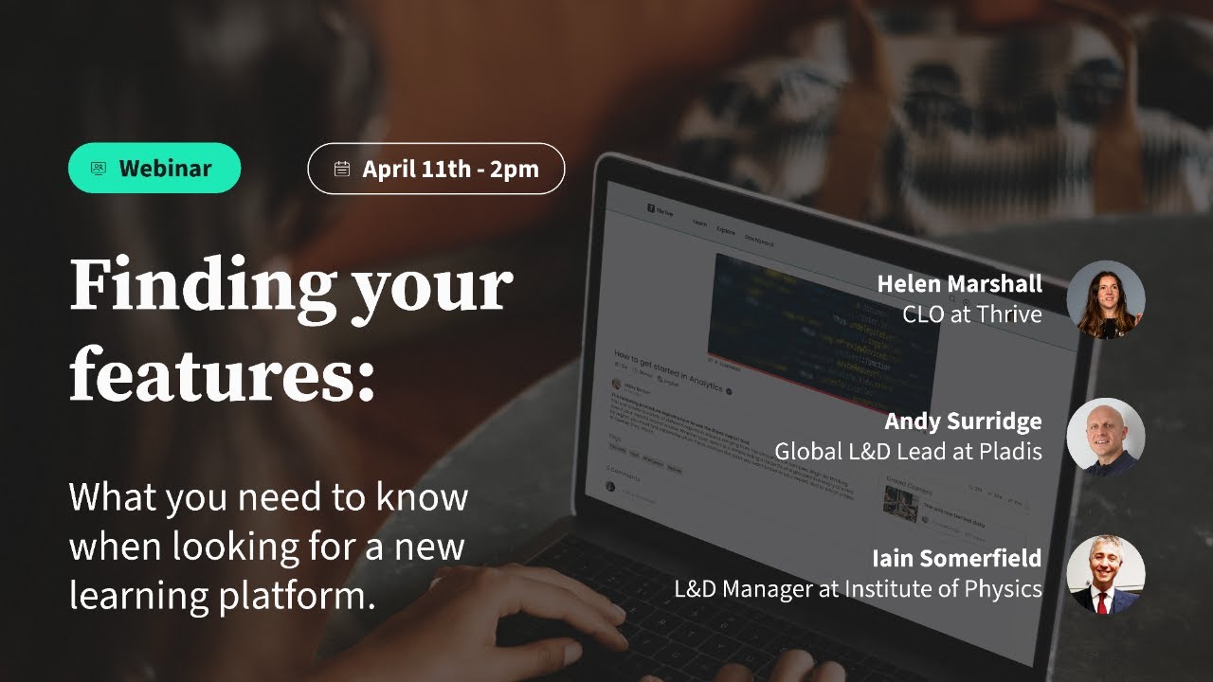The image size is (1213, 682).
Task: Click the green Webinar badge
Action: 154,169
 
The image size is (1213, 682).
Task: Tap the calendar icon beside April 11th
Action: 342,170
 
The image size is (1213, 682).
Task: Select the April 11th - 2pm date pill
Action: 436,169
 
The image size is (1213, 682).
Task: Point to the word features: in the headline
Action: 222,374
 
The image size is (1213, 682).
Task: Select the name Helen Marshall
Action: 959,283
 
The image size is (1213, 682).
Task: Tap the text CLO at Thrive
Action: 972,314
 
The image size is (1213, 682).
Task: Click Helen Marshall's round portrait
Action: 1105,300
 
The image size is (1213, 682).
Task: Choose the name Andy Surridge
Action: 963,421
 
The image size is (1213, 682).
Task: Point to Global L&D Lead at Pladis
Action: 908,452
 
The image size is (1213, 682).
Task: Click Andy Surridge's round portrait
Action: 1105,437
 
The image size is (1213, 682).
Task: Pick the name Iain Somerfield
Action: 956,557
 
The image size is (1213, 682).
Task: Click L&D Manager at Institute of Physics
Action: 858,588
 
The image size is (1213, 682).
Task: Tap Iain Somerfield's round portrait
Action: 1105,574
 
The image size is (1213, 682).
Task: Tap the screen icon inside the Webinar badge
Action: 99,169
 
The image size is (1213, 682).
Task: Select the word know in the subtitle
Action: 422,497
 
